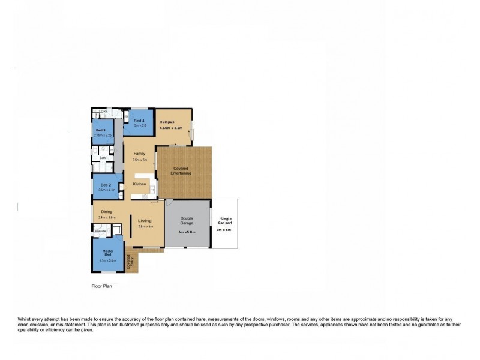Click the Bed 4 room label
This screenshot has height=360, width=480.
(139, 121)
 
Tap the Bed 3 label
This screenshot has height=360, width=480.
(100, 130)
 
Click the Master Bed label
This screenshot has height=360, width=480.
(108, 253)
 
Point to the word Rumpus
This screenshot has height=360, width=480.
(166, 122)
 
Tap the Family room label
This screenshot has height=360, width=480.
(139, 154)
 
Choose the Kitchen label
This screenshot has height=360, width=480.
(139, 184)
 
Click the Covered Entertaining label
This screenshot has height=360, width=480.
(181, 171)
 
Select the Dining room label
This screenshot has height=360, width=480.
(107, 211)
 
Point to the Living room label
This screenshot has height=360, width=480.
(145, 220)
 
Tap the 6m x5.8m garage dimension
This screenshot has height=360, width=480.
(187, 232)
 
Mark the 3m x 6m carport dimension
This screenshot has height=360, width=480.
(224, 229)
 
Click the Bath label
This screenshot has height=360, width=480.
(103, 158)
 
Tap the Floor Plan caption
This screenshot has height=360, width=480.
(101, 287)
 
